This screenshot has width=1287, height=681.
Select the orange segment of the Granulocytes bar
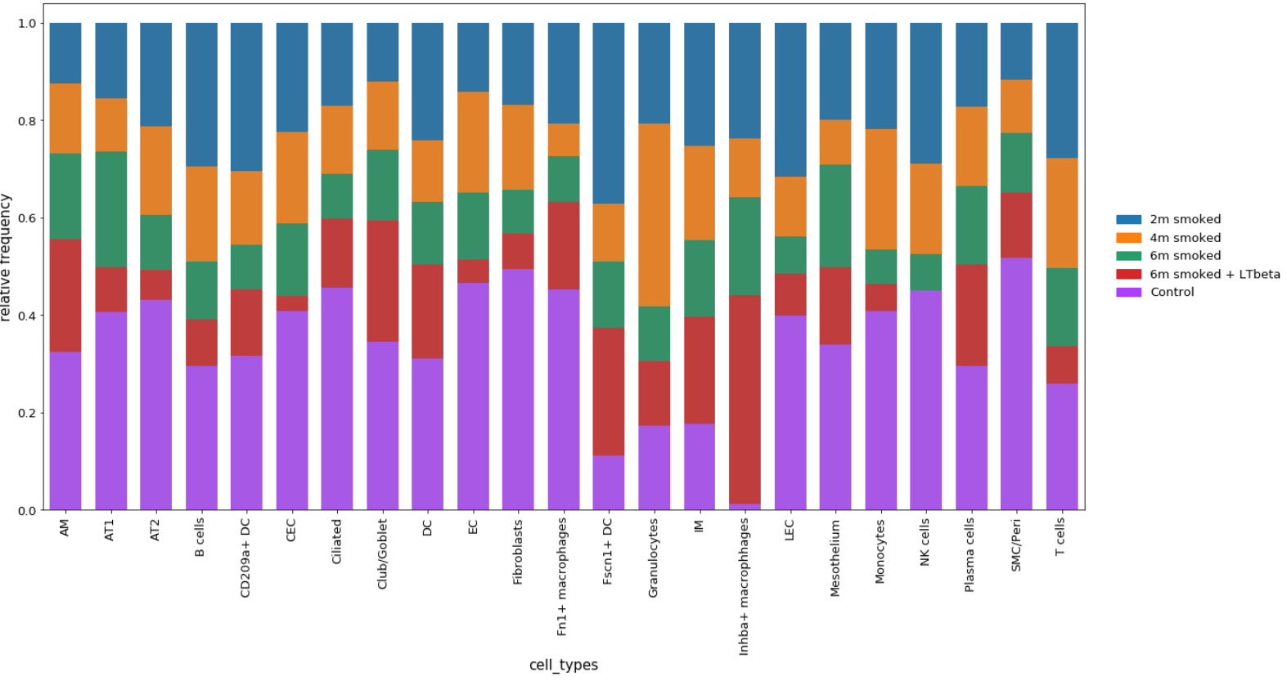(x=654, y=215)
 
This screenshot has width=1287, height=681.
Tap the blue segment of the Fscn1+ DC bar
(x=608, y=113)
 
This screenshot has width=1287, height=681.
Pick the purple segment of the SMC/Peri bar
(x=1016, y=383)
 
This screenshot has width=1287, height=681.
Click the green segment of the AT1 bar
(x=110, y=209)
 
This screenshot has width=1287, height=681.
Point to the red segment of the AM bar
(x=65, y=295)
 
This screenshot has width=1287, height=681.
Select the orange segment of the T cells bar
(x=1061, y=213)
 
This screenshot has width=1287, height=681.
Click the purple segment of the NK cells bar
(x=925, y=400)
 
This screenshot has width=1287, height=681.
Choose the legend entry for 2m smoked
(x=1185, y=219)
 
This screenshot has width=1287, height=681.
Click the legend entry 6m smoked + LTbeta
(x=1214, y=274)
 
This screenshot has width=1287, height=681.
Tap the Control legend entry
(x=1172, y=292)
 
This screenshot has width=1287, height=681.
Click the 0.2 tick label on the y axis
(x=27, y=413)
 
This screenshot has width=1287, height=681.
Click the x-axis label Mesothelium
(x=835, y=558)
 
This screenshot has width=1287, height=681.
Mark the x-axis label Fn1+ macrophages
(x=563, y=576)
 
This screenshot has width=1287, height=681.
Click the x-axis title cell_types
(x=563, y=665)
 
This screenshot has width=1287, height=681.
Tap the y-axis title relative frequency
(x=7, y=258)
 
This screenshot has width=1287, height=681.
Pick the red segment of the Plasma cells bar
(x=971, y=315)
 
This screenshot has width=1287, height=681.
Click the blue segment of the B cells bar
(x=201, y=94)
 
